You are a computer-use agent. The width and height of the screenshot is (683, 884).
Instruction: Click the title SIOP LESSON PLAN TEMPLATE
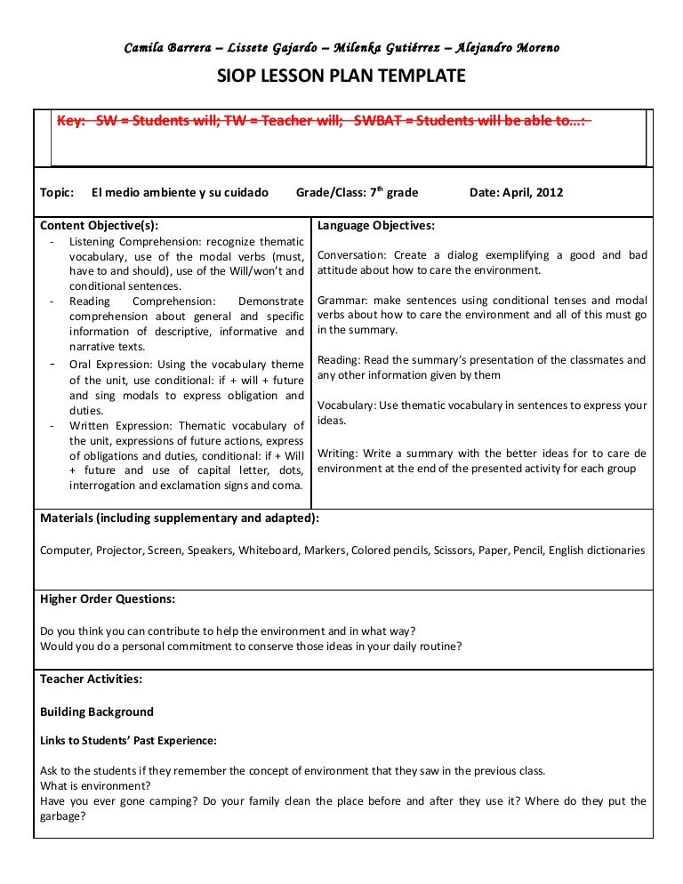pyautogui.click(x=341, y=77)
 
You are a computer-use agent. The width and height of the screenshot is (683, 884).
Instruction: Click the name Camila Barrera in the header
pyautogui.click(x=165, y=47)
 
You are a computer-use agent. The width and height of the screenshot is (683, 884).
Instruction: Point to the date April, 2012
pyautogui.click(x=531, y=192)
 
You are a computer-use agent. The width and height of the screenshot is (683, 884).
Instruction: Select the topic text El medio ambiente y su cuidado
pyautogui.click(x=180, y=192)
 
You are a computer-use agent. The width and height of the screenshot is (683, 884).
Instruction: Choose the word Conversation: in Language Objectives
pyautogui.click(x=351, y=255)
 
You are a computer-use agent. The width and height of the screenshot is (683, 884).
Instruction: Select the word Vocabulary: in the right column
pyautogui.click(x=347, y=406)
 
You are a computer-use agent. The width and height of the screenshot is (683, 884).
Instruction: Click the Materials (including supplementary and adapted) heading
pyautogui.click(x=180, y=518)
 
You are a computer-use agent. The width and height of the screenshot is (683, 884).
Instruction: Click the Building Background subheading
pyautogui.click(x=97, y=711)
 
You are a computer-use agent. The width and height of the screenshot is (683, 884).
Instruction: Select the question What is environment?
pyautogui.click(x=95, y=786)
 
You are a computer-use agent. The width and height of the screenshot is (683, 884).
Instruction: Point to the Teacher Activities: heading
pyautogui.click(x=92, y=679)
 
